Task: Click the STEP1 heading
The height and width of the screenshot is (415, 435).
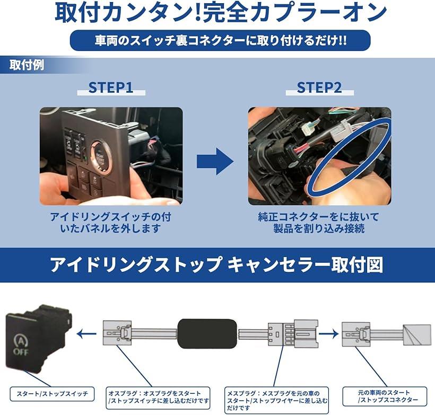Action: [x=111, y=87]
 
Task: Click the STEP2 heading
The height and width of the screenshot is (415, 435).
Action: [x=319, y=87]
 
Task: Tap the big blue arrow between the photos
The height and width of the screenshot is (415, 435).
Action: [x=215, y=161]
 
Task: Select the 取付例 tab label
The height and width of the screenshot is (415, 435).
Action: [x=27, y=65]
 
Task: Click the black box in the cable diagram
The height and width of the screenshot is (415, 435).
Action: [x=207, y=334]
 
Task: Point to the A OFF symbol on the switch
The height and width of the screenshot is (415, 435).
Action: [x=21, y=346]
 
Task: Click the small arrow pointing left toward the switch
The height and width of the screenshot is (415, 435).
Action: [x=86, y=334]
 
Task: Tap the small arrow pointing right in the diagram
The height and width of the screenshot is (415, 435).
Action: [x=328, y=334]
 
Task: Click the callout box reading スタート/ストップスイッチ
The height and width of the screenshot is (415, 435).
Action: [x=52, y=394]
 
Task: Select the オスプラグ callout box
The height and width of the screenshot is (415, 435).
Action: [x=158, y=398]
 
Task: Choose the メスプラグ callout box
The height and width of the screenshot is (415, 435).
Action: [x=276, y=400]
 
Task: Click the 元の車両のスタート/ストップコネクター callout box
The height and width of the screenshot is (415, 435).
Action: [x=385, y=396]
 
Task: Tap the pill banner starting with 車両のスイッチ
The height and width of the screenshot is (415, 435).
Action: [x=220, y=40]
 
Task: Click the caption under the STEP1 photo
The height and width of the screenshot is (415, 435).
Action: [x=111, y=223]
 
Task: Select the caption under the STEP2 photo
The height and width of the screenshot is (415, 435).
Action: [x=319, y=223]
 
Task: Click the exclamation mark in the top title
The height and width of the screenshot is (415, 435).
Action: [x=197, y=13]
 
